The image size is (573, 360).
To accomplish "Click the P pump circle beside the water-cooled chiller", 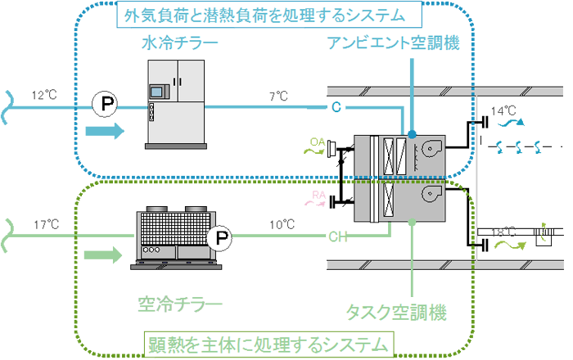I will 104,104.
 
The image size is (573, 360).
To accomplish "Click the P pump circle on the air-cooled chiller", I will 219,239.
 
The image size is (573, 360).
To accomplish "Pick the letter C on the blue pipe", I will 336,107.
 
